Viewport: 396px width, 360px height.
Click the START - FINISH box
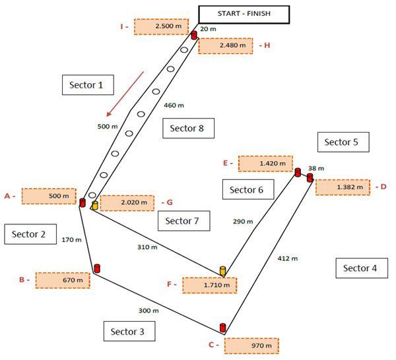click(x=244, y=14)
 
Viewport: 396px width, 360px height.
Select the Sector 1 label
click(x=88, y=86)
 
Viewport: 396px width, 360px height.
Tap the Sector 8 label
click(x=188, y=129)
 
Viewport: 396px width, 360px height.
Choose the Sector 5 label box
click(x=343, y=142)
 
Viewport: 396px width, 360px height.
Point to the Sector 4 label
click(x=360, y=268)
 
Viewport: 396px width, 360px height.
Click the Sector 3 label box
click(x=129, y=331)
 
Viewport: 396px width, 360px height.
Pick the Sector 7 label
click(x=183, y=221)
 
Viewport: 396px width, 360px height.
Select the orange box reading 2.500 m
click(x=161, y=26)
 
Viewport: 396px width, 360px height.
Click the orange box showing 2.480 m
click(x=226, y=45)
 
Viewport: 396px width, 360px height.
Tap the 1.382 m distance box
click(x=343, y=187)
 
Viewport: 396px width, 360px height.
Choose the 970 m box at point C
click(x=251, y=345)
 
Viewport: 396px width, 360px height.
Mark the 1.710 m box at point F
click(x=209, y=285)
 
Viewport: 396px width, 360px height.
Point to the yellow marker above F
click(x=223, y=270)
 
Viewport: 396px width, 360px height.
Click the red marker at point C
click(x=222, y=328)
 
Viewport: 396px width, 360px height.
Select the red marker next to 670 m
click(x=97, y=268)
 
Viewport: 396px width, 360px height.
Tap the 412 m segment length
click(x=288, y=258)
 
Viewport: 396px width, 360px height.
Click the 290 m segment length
click(x=243, y=222)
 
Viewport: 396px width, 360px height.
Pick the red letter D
click(x=383, y=187)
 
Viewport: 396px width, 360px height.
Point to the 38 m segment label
click(x=316, y=169)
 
